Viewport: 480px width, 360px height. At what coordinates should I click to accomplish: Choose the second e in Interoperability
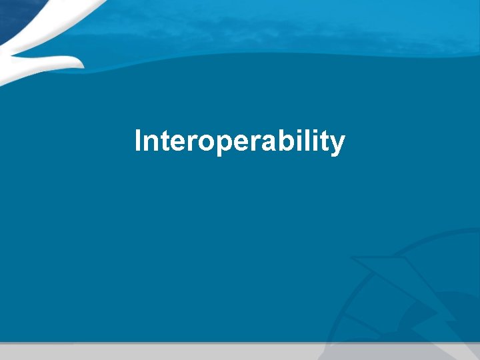[229, 143]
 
